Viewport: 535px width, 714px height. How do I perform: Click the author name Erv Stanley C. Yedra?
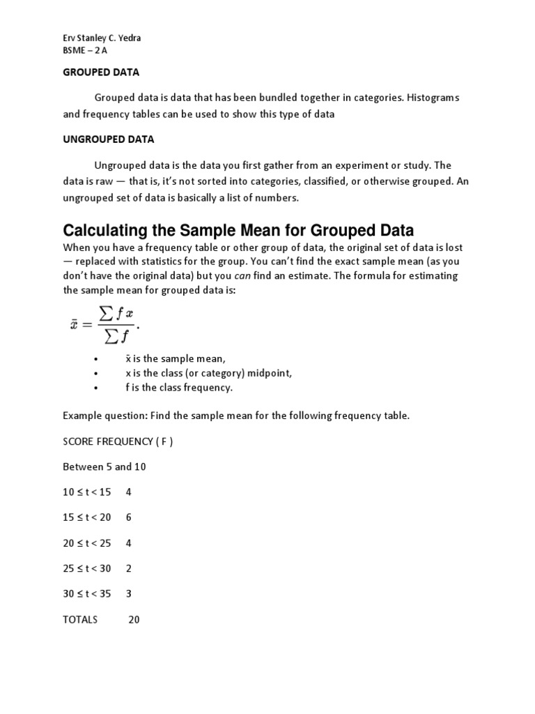click(x=101, y=38)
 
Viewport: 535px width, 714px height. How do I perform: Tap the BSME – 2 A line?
click(x=84, y=51)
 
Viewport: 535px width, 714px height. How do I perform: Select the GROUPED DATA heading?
click(x=102, y=72)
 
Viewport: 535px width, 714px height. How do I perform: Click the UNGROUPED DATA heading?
click(x=109, y=139)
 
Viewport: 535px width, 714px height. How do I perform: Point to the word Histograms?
click(x=434, y=98)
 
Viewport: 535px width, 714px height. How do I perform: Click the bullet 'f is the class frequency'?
click(x=179, y=388)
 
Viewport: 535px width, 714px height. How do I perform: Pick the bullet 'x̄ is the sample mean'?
click(x=176, y=358)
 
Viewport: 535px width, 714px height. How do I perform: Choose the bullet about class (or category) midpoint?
click(x=208, y=373)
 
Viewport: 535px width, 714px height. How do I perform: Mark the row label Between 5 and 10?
click(x=104, y=466)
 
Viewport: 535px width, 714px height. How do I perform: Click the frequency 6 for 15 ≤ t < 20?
click(x=129, y=517)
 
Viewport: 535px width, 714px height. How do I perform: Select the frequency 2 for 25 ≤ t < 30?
click(x=129, y=568)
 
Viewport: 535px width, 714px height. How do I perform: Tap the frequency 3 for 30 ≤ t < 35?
click(x=129, y=593)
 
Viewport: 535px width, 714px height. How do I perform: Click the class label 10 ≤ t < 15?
click(x=87, y=492)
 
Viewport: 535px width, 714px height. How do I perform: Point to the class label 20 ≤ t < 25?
click(x=87, y=543)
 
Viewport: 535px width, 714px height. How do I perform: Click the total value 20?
click(x=134, y=619)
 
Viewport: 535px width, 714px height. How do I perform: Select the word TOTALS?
click(x=81, y=619)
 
